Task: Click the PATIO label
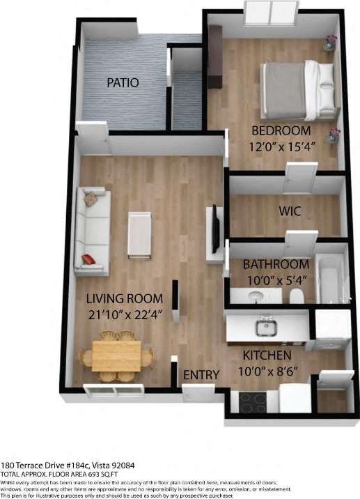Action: [123, 82]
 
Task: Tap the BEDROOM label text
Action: [281, 130]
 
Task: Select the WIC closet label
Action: [290, 210]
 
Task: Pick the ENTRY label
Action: [201, 375]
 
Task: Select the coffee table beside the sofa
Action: [139, 234]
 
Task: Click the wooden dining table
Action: [116, 355]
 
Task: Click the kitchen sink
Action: [265, 326]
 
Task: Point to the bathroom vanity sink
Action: [254, 296]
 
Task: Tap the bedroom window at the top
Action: [272, 13]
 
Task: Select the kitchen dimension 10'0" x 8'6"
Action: [268, 371]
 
